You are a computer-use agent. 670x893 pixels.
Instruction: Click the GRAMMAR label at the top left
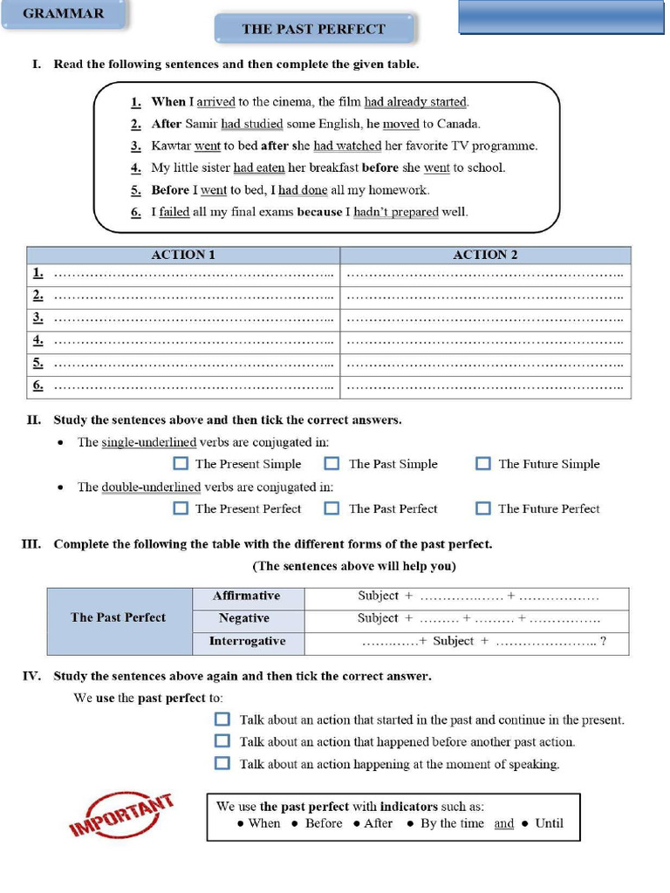click(x=63, y=14)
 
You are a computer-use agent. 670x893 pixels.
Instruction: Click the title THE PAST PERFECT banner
click(x=313, y=29)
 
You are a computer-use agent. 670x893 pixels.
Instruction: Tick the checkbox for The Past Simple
click(x=332, y=464)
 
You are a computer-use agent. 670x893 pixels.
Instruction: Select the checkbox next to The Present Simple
click(x=181, y=464)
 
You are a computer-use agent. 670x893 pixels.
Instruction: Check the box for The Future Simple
click(x=482, y=464)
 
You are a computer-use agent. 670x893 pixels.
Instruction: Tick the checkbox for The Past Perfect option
click(x=332, y=508)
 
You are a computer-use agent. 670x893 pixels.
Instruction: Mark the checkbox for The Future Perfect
click(x=482, y=508)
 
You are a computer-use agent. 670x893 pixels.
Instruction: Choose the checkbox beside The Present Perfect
click(x=181, y=508)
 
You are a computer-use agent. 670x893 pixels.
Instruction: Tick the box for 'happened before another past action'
click(x=222, y=741)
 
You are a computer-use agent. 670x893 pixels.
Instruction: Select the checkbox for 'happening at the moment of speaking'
click(x=222, y=764)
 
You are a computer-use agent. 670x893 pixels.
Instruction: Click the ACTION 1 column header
click(x=183, y=255)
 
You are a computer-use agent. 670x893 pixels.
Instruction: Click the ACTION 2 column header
click(x=485, y=255)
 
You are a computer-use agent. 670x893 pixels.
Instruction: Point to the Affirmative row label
click(x=247, y=596)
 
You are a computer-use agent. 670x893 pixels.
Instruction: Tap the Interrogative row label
click(x=247, y=641)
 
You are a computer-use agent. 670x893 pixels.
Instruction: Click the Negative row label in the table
click(x=244, y=618)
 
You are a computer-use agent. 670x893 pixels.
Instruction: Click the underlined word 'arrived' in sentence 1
click(x=215, y=102)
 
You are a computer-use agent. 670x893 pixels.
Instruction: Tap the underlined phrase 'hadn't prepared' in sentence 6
click(x=395, y=212)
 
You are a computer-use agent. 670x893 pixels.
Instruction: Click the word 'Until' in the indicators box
click(x=550, y=823)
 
